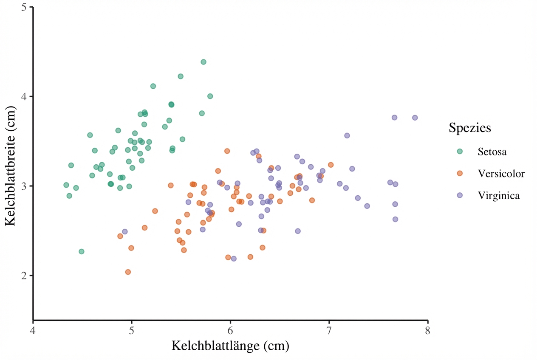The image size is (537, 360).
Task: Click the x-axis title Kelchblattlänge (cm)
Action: [x=230, y=346]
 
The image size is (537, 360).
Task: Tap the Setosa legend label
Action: [x=492, y=152]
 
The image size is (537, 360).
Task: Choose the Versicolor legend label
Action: [x=501, y=173]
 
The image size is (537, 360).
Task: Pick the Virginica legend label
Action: [x=498, y=195]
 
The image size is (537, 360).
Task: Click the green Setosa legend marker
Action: [x=460, y=152]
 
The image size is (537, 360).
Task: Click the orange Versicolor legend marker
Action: [x=460, y=173]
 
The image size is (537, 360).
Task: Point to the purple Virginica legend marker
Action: [x=460, y=195]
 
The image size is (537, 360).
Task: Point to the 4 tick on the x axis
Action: [x=33, y=330]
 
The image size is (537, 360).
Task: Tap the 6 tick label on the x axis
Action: [x=230, y=330]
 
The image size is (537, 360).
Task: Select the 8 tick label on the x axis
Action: [x=428, y=330]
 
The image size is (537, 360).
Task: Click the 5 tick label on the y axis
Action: [x=24, y=7]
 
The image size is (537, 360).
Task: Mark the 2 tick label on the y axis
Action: [x=24, y=276]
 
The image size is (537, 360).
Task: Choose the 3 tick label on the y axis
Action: [x=24, y=186]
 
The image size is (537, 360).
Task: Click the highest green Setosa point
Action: [x=203, y=62]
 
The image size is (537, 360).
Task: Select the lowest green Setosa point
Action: [x=82, y=252]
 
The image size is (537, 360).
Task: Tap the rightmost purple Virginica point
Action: [x=415, y=118]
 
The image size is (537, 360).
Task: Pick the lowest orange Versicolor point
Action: [x=128, y=272]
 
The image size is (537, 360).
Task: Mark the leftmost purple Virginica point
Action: [x=125, y=232]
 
